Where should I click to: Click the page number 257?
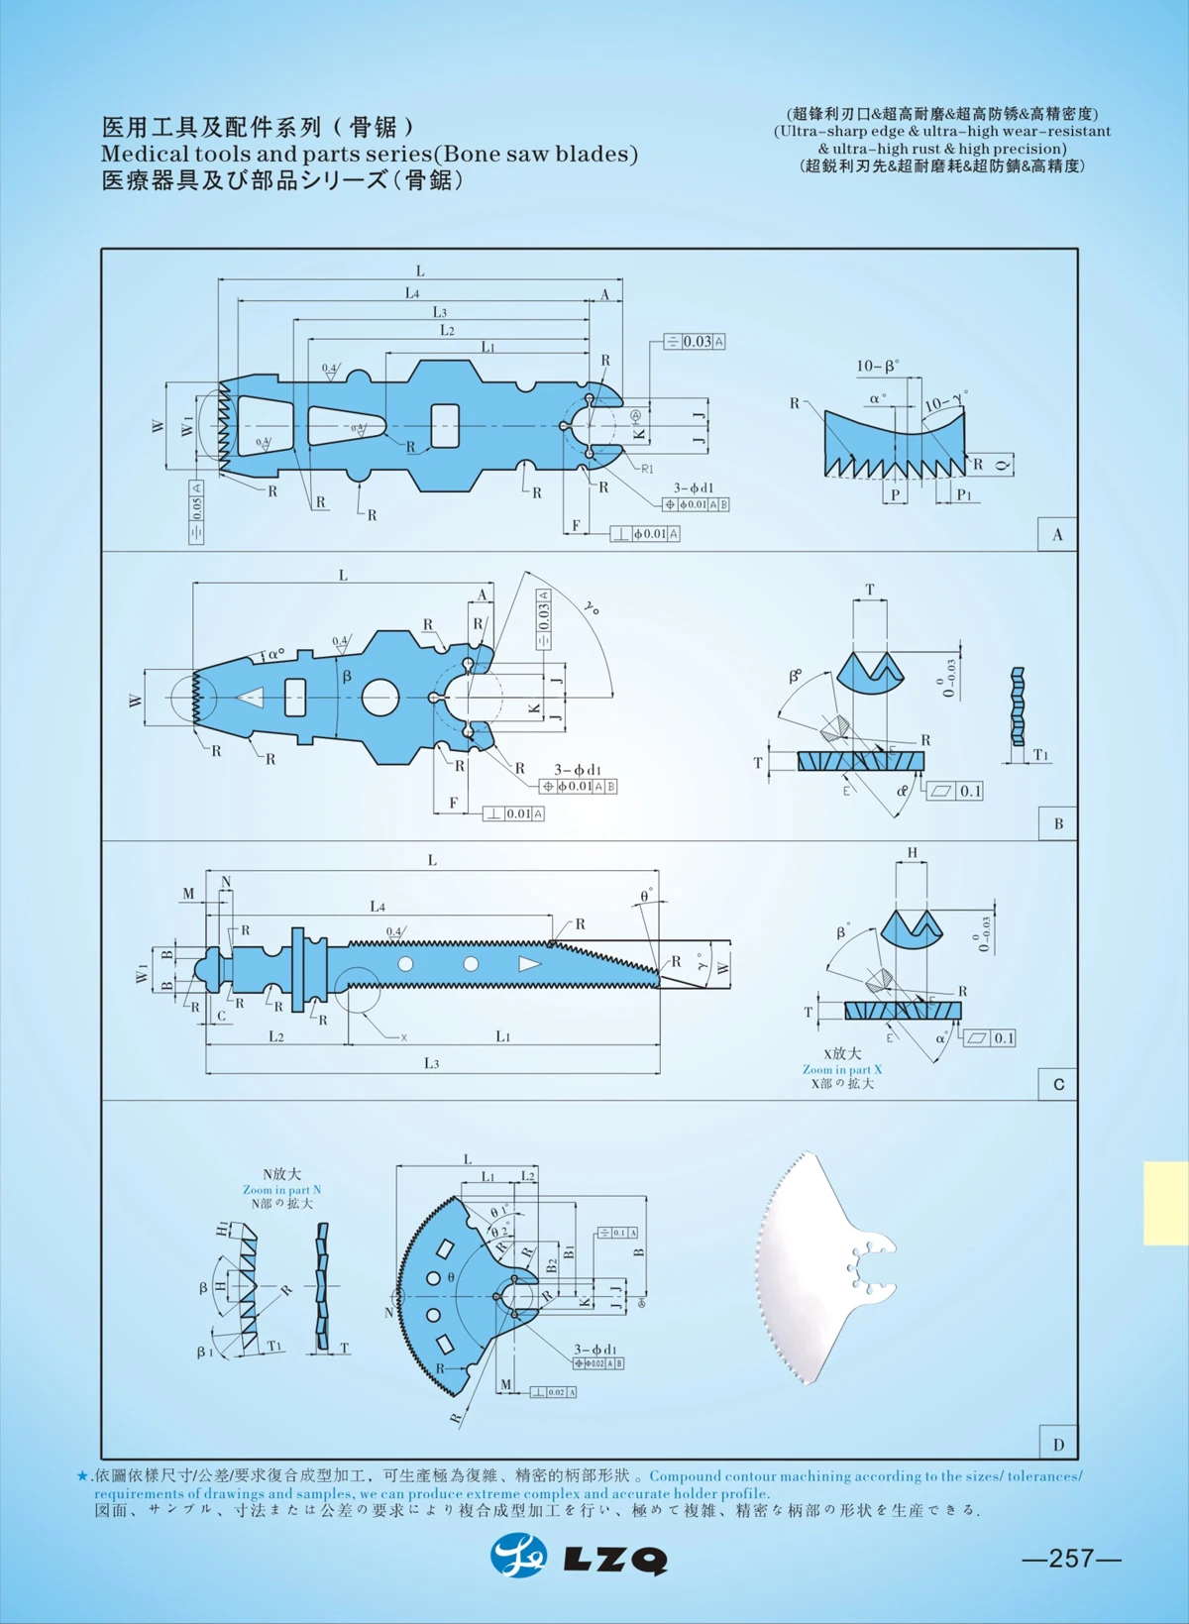(1071, 1558)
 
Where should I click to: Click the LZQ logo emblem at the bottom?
(518, 1556)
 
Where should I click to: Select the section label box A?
(1057, 534)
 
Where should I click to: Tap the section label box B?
(1057, 823)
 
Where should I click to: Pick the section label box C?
(1057, 1084)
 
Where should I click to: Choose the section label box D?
(1057, 1444)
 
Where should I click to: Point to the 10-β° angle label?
(877, 367)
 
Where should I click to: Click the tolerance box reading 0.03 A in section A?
(695, 341)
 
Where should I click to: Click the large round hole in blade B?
(379, 698)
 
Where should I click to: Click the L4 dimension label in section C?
(378, 906)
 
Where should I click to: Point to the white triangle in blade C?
(529, 964)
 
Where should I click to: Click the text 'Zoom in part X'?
(841, 1069)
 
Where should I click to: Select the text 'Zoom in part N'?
(282, 1189)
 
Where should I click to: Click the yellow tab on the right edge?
(1165, 1203)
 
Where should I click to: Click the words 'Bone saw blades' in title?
(535, 154)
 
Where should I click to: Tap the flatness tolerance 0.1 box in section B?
(958, 791)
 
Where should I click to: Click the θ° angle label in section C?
(646, 895)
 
